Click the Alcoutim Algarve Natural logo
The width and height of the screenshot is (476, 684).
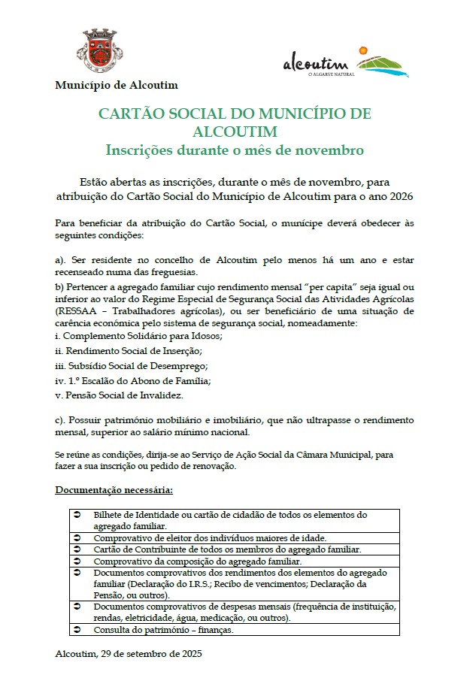[x=346, y=61]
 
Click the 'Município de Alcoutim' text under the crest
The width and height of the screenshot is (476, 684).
[x=116, y=85]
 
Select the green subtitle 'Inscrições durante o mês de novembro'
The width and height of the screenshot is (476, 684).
[x=234, y=150]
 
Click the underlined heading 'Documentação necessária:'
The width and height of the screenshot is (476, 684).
[x=114, y=491]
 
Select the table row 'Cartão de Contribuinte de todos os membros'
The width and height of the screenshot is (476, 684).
[x=227, y=549]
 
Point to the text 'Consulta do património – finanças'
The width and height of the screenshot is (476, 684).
[x=163, y=630]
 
